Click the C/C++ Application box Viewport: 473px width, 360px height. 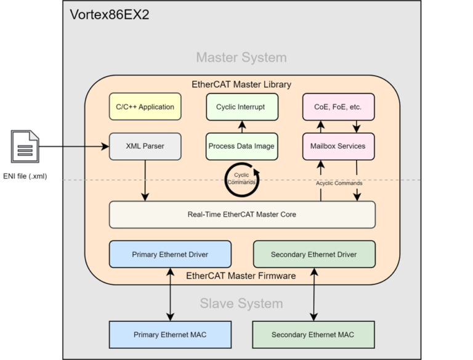click(145, 107)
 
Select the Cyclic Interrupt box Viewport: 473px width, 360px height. click(241, 107)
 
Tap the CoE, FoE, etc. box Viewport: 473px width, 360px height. click(338, 107)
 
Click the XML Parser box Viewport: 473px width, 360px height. click(145, 146)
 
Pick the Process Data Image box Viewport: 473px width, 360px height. click(241, 146)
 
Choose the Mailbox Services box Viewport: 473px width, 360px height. click(338, 146)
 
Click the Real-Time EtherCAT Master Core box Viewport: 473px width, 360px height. click(242, 215)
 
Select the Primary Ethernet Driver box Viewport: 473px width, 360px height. click(170, 254)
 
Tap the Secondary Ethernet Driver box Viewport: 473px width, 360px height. click(313, 254)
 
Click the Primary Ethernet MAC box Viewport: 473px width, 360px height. click(170, 335)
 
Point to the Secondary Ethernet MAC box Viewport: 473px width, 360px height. click(313, 335)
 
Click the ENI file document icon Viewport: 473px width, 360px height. click(25, 147)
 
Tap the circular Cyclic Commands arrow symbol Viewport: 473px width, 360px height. click(241, 178)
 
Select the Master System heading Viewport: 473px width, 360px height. click(241, 57)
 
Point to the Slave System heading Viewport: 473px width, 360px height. click(241, 303)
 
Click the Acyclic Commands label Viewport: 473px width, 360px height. click(338, 183)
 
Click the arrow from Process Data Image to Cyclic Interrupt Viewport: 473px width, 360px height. click(241, 126)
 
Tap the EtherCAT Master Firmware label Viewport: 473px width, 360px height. click(241, 275)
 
